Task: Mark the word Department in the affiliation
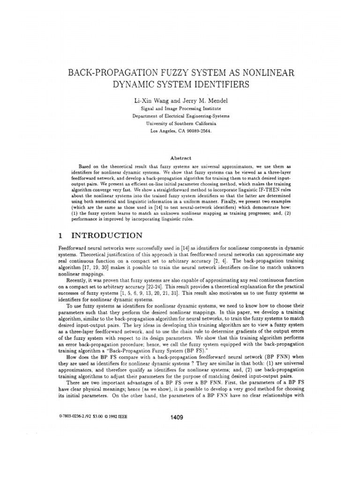(x=145, y=116)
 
